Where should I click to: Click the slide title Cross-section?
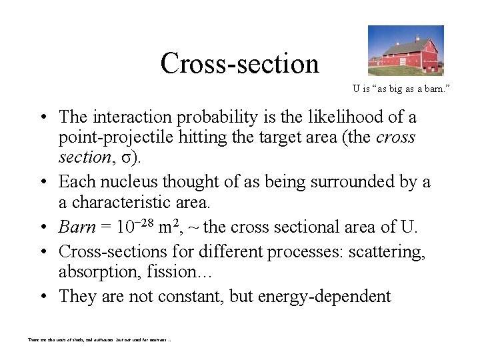pos(239,63)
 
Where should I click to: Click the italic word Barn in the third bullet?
pos(77,227)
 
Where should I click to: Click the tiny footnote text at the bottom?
pos(99,339)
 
